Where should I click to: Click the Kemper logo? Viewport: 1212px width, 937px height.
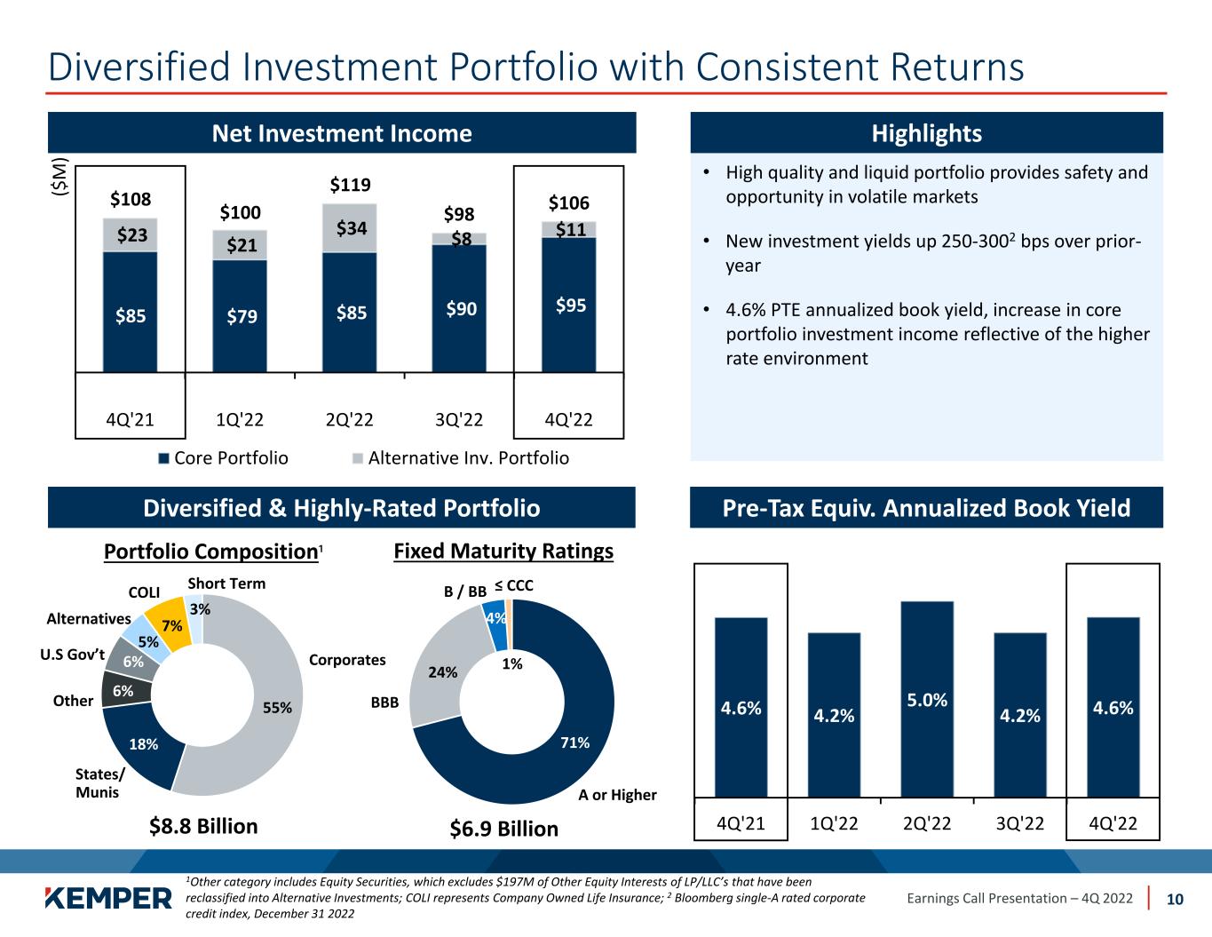click(108, 898)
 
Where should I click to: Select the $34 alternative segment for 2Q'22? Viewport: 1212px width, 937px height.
click(350, 228)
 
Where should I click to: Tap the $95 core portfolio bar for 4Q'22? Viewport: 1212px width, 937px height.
click(569, 305)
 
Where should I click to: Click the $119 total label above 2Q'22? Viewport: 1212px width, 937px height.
click(350, 186)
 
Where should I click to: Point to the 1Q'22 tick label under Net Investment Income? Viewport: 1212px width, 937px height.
click(240, 420)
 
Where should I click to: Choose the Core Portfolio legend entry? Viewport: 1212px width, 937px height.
click(223, 458)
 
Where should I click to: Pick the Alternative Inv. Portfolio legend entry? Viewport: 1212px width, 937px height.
click(461, 458)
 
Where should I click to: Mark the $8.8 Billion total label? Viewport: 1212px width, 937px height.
click(203, 827)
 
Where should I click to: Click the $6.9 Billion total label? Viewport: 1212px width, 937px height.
click(504, 829)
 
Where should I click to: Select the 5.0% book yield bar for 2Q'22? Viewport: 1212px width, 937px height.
click(927, 699)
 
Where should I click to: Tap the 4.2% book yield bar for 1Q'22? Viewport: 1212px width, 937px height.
click(834, 714)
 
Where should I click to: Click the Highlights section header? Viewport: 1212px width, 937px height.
click(926, 133)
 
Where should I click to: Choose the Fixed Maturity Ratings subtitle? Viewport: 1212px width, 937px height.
click(503, 552)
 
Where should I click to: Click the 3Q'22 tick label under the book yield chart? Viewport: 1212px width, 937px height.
click(1019, 822)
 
